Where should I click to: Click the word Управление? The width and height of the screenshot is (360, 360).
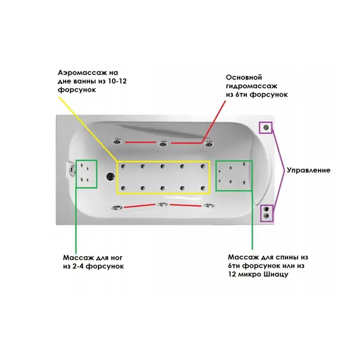pos(309,171)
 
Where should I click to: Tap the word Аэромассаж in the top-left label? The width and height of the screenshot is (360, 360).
pos(85,73)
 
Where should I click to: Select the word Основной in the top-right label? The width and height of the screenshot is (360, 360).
pos(244,78)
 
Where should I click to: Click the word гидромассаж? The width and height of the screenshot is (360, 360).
pos(251,86)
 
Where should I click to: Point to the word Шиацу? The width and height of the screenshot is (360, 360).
pos(276,274)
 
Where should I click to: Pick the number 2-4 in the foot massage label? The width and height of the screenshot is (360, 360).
pos(78,267)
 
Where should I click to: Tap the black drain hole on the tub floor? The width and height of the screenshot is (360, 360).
pos(111,176)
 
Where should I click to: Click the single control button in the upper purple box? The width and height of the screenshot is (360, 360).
pos(266,128)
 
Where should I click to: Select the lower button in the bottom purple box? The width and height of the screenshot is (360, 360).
pos(267,215)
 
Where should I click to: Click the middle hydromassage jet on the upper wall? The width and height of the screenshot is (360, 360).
pos(163,143)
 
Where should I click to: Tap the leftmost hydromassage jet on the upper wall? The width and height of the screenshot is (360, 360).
pos(117,141)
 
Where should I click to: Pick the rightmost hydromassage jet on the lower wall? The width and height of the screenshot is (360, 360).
pos(208,206)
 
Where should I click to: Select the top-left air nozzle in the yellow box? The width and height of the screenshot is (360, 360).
pos(123,166)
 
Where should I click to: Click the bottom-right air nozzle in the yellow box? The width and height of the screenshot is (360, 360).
pos(203,188)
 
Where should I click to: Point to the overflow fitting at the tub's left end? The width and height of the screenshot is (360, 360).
pos(71,171)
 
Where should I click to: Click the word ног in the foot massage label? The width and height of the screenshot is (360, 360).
pos(117,258)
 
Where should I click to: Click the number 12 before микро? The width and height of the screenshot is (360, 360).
pos(232,274)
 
